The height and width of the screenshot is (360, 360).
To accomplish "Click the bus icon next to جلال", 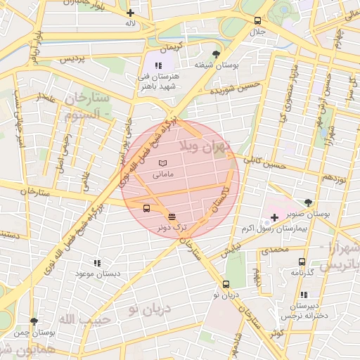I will (258, 20).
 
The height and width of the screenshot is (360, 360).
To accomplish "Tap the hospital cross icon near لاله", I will (130, 13).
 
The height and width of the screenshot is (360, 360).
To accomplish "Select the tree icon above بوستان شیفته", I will (216, 54).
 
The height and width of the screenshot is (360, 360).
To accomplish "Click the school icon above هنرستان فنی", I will (167, 65).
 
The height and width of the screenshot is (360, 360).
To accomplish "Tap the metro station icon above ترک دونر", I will (173, 215).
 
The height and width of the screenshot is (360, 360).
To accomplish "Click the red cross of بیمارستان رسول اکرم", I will (274, 218).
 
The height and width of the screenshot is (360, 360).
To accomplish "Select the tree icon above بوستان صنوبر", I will (309, 202).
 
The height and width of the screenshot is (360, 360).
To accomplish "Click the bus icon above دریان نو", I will (226, 285).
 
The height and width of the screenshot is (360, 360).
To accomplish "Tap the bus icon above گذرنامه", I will (302, 262).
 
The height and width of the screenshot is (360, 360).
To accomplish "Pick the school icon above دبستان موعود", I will (97, 262).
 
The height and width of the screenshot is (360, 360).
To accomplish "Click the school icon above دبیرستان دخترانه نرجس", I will (304, 295).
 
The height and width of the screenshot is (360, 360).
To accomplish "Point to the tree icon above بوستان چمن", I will (34, 321).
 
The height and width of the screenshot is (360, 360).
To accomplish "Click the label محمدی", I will (275, 250).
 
